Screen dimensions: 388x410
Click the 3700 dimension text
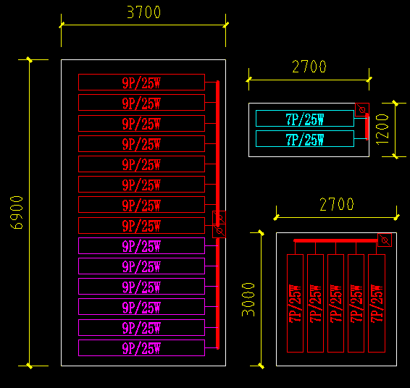(x=143, y=12)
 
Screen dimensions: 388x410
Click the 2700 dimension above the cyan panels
(x=309, y=67)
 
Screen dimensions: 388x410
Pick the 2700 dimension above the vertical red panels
(x=337, y=205)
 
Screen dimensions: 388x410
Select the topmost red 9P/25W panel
(x=141, y=83)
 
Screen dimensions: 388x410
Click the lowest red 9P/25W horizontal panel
(x=141, y=225)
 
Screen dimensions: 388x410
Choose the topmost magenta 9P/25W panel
(x=141, y=246)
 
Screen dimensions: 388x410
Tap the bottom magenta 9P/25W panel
(x=141, y=348)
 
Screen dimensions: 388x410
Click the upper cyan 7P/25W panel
(x=304, y=119)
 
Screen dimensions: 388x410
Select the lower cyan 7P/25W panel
(x=304, y=139)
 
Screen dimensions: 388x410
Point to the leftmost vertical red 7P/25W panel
(x=295, y=303)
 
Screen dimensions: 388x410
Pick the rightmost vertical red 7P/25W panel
(x=376, y=303)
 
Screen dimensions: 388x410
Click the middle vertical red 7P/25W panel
(x=335, y=303)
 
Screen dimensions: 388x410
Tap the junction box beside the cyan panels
(x=361, y=110)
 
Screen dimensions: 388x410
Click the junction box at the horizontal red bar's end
(x=385, y=240)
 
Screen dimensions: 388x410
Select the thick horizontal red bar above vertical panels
(x=335, y=240)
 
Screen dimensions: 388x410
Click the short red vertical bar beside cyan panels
(x=367, y=127)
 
